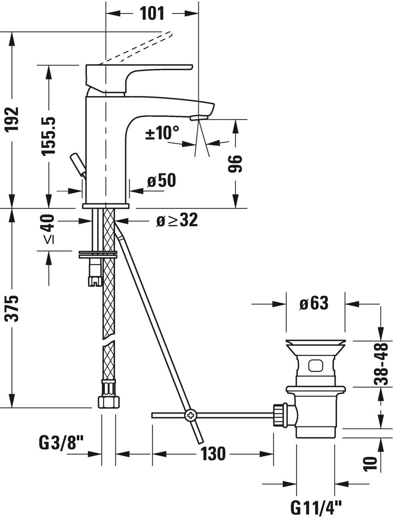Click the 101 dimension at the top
point(152,13)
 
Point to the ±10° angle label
point(162,133)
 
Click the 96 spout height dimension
point(235,164)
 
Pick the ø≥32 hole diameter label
point(177,221)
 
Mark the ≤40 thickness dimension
point(48,230)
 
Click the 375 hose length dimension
point(12,309)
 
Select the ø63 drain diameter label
point(314,303)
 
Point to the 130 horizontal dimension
point(213,454)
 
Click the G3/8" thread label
point(61,443)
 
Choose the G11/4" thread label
point(316,508)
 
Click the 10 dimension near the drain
point(371,463)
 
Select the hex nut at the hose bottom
point(108,402)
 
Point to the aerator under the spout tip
point(199,117)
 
